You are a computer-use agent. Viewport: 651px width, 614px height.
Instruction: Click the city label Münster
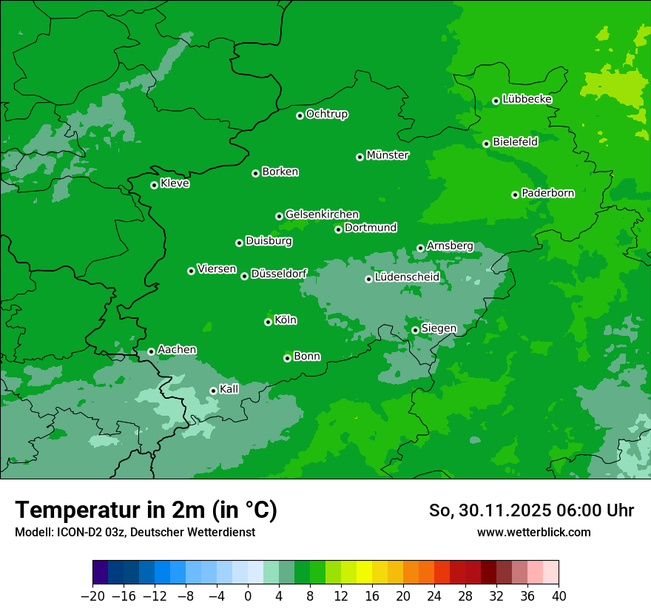[x=388, y=155]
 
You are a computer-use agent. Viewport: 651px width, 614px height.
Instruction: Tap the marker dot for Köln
[x=268, y=322]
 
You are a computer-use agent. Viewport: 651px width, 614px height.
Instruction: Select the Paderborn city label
[x=547, y=193]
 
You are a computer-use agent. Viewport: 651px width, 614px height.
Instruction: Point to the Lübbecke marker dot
[x=496, y=101]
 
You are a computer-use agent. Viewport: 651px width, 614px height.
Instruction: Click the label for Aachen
[x=177, y=350]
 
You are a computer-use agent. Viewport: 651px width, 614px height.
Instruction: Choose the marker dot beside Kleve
[x=154, y=185]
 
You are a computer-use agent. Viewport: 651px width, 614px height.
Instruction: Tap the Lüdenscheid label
[x=407, y=277]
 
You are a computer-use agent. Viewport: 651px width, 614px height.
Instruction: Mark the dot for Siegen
[x=415, y=330]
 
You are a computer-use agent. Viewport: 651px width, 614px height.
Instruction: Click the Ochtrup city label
[x=327, y=114]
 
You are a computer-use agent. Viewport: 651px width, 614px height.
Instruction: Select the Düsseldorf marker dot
[x=244, y=276]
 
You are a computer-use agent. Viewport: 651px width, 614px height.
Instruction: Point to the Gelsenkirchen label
[x=322, y=215]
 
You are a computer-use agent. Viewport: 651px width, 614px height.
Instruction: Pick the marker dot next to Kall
[x=213, y=391]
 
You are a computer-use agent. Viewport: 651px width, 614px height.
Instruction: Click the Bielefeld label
[x=515, y=142]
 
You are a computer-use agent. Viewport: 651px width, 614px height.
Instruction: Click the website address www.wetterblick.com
[x=533, y=533]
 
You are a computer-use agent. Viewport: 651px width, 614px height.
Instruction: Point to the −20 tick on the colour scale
[x=92, y=596]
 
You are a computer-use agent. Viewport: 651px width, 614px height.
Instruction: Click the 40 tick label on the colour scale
[x=559, y=596]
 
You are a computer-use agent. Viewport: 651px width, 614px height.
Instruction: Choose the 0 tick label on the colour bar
[x=248, y=596]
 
